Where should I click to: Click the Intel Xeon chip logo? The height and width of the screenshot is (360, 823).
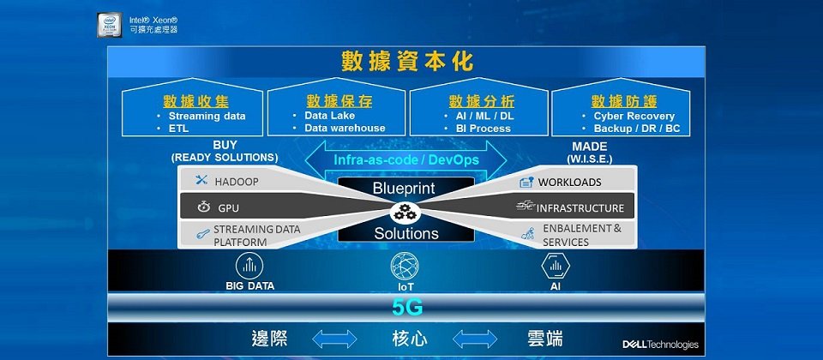[x=110, y=25]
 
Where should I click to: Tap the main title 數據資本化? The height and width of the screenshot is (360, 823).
[x=407, y=62]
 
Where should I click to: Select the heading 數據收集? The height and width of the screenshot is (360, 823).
[x=195, y=102]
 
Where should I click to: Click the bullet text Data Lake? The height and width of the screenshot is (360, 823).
[x=329, y=116]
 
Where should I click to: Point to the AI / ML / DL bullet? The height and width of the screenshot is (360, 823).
[x=478, y=116]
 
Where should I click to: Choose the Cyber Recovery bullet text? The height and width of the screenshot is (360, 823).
[x=634, y=116]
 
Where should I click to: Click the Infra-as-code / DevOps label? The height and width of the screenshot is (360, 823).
[x=406, y=159]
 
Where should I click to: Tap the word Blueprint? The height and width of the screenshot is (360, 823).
[x=404, y=188]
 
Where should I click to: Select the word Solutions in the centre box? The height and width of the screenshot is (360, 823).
[x=406, y=233]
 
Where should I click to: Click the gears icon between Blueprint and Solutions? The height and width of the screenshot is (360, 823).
[x=405, y=212]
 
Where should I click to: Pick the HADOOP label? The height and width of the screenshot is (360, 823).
[x=237, y=182]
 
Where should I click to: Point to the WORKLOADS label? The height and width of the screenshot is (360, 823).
[x=569, y=182]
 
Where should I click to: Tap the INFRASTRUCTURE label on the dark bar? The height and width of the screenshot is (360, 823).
[x=580, y=208]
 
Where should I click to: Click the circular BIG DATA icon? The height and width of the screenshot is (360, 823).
[x=249, y=266]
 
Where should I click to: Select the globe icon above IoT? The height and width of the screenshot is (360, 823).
[x=405, y=266]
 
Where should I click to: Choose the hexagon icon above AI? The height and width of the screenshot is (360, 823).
[x=556, y=266]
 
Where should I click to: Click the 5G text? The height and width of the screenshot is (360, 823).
[x=407, y=308]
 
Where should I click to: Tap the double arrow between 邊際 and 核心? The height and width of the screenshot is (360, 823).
[x=334, y=339]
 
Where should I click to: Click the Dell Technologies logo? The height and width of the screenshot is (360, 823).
[x=660, y=345]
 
